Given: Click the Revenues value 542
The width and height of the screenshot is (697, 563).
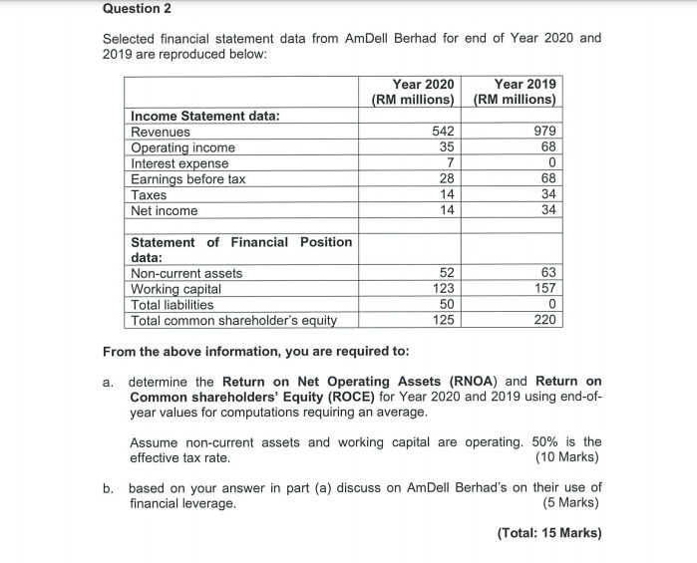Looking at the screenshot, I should [x=443, y=132].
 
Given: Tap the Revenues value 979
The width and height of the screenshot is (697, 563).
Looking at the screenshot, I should [x=545, y=132].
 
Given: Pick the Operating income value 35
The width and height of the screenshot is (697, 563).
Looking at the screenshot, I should [x=447, y=147].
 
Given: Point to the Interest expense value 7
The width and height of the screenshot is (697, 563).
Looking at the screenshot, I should [x=451, y=163].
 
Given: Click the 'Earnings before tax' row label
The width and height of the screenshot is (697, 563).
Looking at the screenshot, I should [x=188, y=179].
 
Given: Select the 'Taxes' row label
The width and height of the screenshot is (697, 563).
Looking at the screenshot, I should [x=151, y=195].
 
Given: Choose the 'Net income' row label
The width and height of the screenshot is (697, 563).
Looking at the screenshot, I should [x=165, y=211].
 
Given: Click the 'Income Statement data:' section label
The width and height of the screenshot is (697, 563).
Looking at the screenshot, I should [x=205, y=116].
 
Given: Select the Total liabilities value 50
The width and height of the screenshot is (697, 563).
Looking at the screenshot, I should [x=447, y=305].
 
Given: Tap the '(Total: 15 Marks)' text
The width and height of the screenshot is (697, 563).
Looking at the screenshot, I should [x=548, y=532].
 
